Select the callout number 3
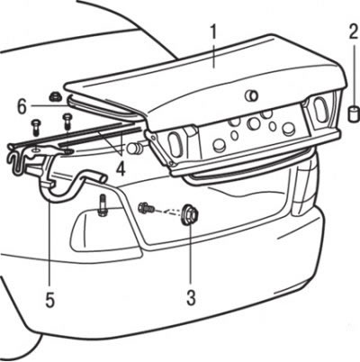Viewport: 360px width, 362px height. coord(191,297)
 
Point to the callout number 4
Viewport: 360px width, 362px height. coord(121,170)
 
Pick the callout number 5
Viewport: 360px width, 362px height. coord(50,300)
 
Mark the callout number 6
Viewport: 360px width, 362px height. coord(22,107)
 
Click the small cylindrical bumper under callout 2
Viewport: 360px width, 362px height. coord(353,113)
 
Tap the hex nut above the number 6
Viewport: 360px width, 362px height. coord(56,97)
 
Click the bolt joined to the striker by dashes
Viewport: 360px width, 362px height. coord(147,207)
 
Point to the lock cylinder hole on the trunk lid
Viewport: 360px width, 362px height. coord(251,95)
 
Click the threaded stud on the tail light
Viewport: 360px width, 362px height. coord(102,205)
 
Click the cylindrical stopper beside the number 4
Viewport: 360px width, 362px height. coord(136,148)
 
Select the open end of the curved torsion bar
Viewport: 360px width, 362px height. coord(103,177)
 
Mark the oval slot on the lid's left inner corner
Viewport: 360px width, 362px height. coord(174,146)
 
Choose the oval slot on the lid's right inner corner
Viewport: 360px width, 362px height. coord(319,109)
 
